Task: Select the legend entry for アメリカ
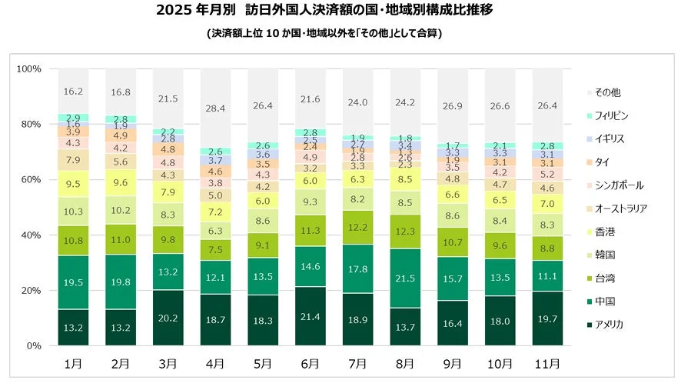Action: [x=604, y=324]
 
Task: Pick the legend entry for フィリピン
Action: [x=606, y=115]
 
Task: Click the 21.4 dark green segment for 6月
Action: [x=309, y=316]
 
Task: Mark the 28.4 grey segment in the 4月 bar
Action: [x=215, y=108]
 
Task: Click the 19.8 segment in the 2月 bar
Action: [x=121, y=282]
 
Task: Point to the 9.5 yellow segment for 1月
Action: [x=74, y=184]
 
